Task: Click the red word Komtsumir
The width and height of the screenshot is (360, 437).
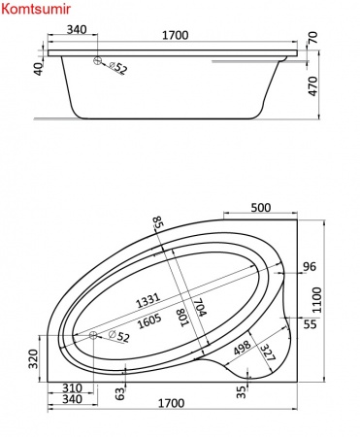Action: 36,9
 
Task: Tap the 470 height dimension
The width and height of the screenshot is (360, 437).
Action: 313,86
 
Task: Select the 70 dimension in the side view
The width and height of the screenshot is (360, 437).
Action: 313,38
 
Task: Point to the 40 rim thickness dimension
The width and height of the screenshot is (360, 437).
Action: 39,69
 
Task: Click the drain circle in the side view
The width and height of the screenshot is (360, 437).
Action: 97,60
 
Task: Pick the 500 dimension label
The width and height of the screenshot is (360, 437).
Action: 261,207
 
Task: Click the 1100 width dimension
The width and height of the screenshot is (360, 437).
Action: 317,300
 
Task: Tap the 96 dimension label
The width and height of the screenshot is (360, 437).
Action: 309,267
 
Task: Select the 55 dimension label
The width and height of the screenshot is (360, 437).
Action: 310,324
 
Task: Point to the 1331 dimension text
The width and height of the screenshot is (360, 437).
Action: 147,300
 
